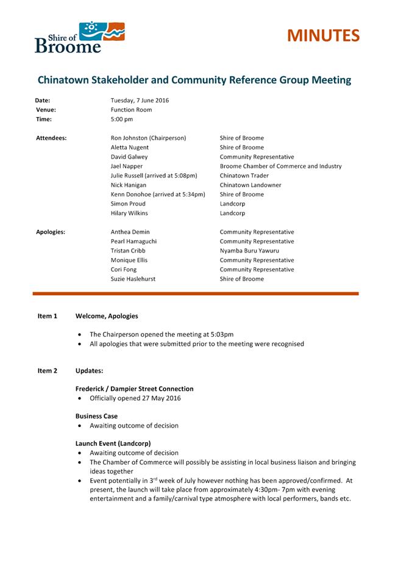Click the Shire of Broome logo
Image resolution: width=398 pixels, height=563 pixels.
click(79, 37)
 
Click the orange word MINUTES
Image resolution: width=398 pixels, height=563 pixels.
click(323, 35)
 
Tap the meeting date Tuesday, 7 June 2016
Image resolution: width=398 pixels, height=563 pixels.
click(140, 100)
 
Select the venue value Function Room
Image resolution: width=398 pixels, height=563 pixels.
click(131, 110)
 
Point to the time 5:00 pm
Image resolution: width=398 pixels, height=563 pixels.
click(121, 120)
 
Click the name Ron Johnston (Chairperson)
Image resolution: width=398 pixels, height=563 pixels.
click(148, 138)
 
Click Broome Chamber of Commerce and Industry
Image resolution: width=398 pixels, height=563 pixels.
click(280, 166)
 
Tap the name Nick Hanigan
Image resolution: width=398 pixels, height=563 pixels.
click(129, 185)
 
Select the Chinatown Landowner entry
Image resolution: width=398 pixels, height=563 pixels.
click(251, 185)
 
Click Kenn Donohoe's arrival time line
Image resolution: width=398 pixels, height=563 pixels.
click(158, 194)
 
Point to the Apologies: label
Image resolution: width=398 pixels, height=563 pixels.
click(51, 232)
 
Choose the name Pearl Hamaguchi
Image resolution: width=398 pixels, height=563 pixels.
click(133, 242)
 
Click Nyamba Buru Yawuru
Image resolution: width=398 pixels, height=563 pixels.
click(249, 251)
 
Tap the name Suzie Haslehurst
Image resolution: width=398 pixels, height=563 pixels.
click(133, 279)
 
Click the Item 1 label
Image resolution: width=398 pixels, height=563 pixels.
click(47, 316)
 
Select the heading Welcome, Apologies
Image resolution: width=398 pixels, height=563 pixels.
click(107, 316)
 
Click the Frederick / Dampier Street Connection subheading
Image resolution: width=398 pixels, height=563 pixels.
click(134, 389)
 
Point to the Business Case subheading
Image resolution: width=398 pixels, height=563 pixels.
click(96, 416)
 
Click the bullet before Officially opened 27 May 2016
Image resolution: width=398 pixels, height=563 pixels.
click(80, 398)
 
